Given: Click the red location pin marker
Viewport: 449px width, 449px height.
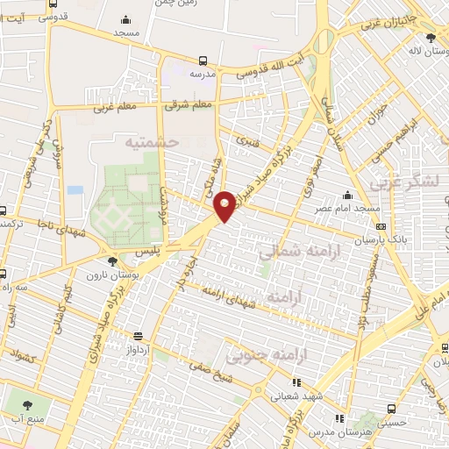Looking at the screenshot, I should point(226,205).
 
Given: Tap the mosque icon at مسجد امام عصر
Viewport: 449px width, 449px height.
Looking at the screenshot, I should point(348,196).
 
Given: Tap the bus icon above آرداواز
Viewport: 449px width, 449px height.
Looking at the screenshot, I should point(138,335).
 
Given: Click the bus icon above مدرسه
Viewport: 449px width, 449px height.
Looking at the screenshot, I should point(203,61).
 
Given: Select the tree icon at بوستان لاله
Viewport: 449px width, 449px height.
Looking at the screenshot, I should point(430,38).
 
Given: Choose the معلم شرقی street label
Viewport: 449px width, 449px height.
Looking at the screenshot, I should point(188,104).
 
